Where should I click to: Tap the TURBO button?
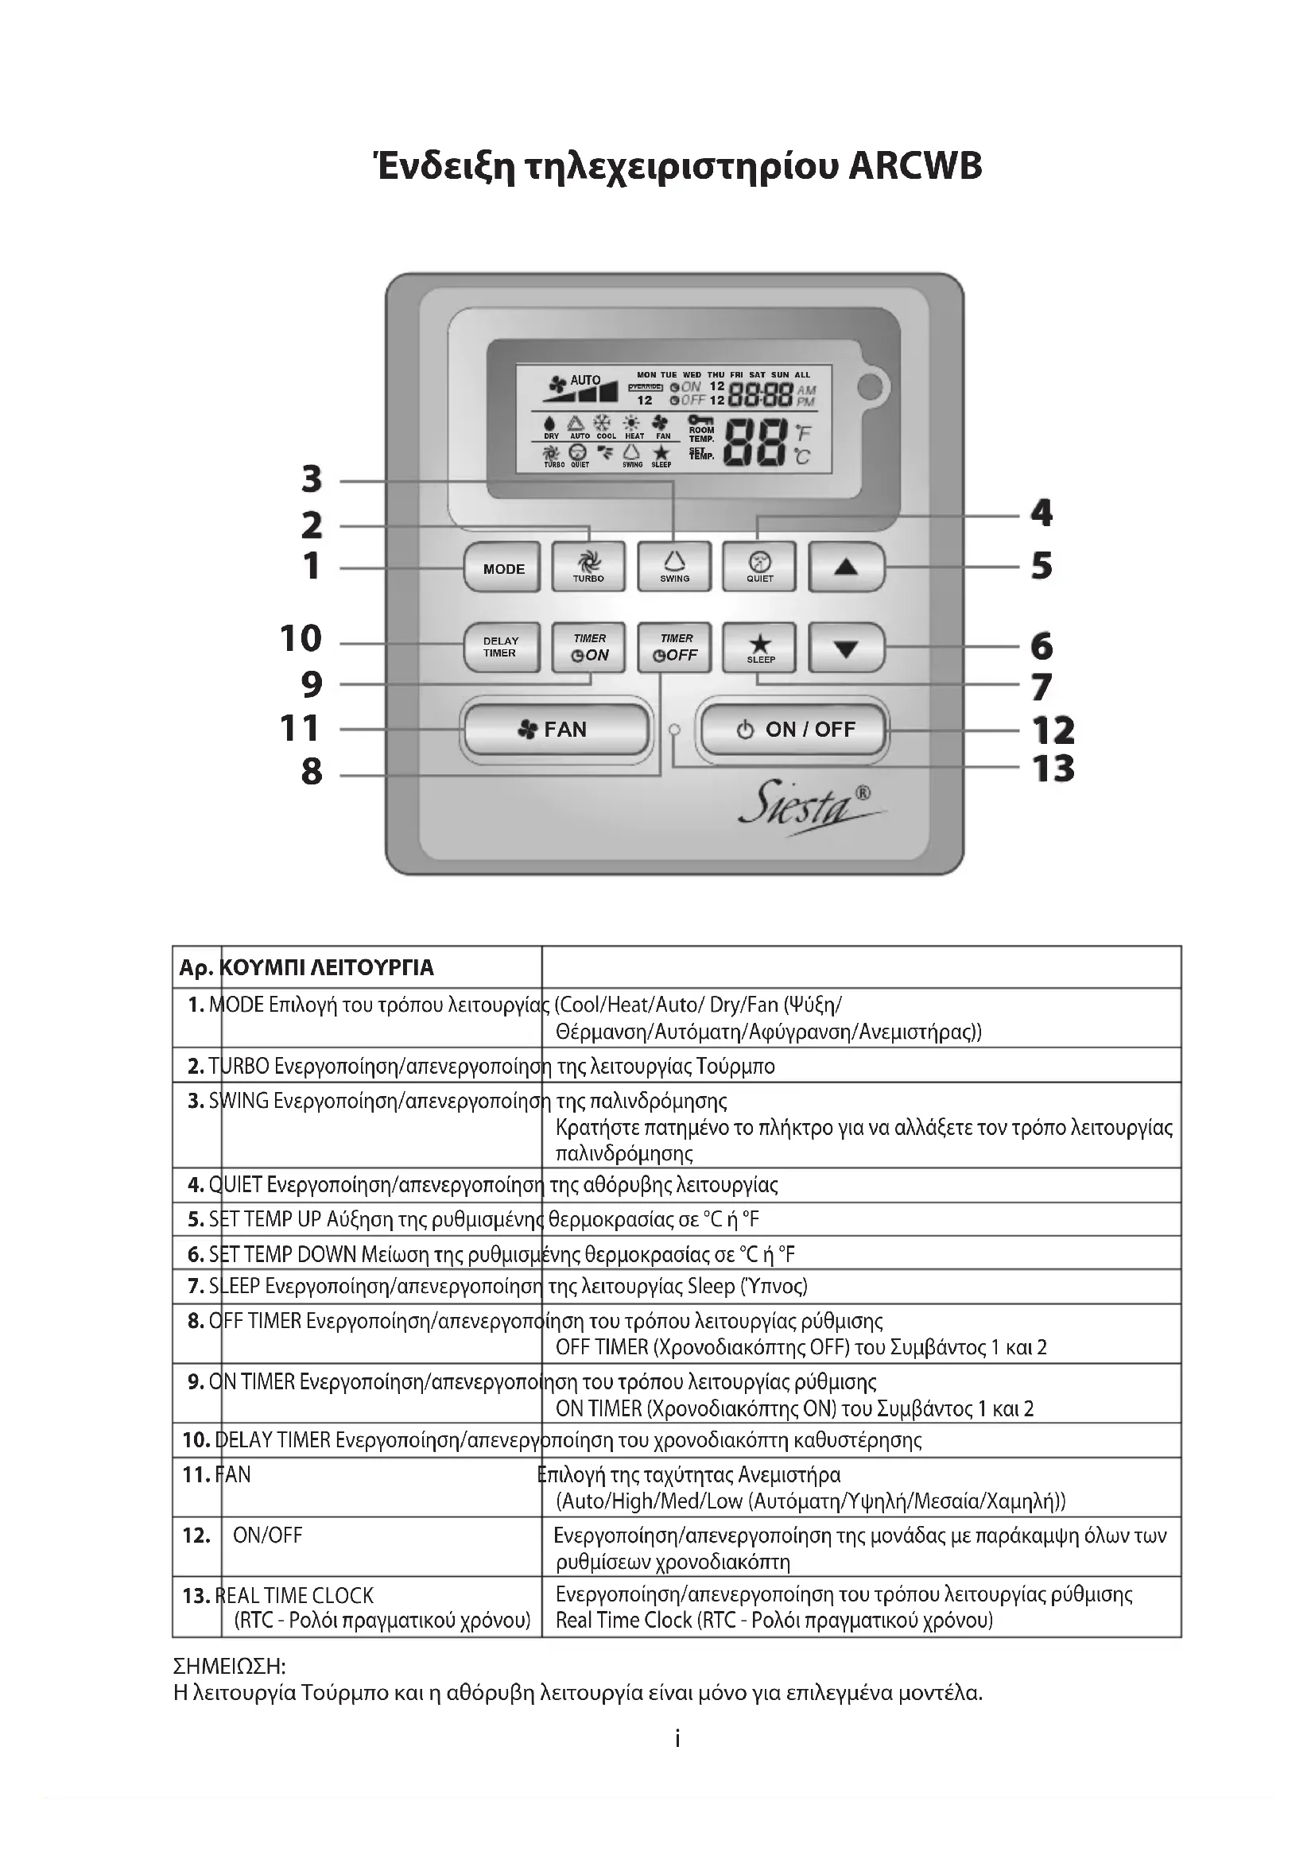(588, 566)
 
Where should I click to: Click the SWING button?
(673, 566)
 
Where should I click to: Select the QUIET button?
(759, 566)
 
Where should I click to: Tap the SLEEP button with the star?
(759, 647)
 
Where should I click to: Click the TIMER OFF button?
(673, 647)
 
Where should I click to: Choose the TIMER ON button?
(588, 647)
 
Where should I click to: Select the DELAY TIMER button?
(501, 647)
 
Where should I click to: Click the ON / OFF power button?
(794, 730)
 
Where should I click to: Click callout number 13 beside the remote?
(1053, 769)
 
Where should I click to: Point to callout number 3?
(312, 479)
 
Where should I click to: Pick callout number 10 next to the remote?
(301, 639)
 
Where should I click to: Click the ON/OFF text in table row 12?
(267, 1536)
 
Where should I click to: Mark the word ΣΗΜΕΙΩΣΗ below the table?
(229, 1667)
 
